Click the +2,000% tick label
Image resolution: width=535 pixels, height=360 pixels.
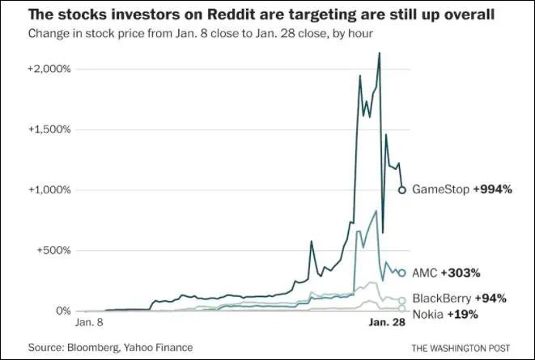(49, 69)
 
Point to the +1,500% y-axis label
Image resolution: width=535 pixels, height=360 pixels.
(49, 129)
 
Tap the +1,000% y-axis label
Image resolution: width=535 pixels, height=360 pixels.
(49, 190)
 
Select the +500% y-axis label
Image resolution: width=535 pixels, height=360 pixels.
(53, 251)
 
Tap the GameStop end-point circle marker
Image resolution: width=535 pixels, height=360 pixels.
(402, 190)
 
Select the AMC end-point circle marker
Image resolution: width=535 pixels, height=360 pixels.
(402, 273)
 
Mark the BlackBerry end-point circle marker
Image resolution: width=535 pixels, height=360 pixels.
(402, 300)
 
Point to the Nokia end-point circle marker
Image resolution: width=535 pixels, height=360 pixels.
(402, 309)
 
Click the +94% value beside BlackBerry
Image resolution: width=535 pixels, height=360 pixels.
(490, 299)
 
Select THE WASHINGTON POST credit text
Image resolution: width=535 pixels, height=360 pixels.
(462, 348)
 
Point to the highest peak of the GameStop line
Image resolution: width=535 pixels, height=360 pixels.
(380, 53)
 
